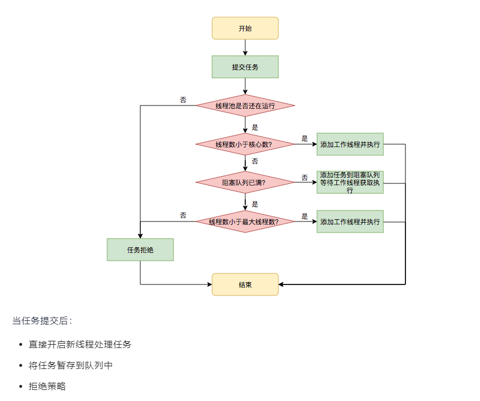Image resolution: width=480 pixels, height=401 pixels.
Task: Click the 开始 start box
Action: click(x=245, y=28)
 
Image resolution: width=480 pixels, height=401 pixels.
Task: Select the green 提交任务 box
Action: click(x=245, y=67)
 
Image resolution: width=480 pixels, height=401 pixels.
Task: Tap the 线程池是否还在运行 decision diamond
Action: click(x=245, y=105)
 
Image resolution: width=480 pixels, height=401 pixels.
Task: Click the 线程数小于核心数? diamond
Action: click(x=245, y=145)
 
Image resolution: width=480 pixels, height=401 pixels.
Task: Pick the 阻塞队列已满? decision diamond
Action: click(x=245, y=182)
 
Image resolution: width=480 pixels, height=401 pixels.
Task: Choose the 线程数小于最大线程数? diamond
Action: click(x=245, y=221)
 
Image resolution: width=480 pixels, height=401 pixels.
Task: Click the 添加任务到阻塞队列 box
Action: click(x=350, y=182)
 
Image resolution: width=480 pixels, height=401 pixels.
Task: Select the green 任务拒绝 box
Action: click(x=140, y=250)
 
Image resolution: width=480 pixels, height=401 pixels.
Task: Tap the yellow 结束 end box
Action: click(x=245, y=284)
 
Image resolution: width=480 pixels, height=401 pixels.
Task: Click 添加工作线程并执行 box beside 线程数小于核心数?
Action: click(x=350, y=145)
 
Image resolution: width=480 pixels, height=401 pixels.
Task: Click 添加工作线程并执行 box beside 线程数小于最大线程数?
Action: click(x=350, y=221)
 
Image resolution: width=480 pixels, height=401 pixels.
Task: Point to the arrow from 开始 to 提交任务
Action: click(x=245, y=48)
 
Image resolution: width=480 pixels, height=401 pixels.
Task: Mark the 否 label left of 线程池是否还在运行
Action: click(x=183, y=100)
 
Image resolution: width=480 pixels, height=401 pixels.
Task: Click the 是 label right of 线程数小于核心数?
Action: click(x=304, y=139)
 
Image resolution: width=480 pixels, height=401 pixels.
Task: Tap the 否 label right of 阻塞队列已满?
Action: click(x=304, y=177)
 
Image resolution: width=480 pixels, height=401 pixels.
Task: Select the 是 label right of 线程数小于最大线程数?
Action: click(x=304, y=217)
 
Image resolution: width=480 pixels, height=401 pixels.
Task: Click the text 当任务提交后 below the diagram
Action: click(x=42, y=320)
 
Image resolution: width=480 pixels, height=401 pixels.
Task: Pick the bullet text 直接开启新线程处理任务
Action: click(x=80, y=344)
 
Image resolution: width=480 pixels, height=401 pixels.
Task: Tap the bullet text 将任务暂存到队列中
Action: click(x=71, y=365)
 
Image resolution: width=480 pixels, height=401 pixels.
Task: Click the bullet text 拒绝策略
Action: click(x=48, y=386)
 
